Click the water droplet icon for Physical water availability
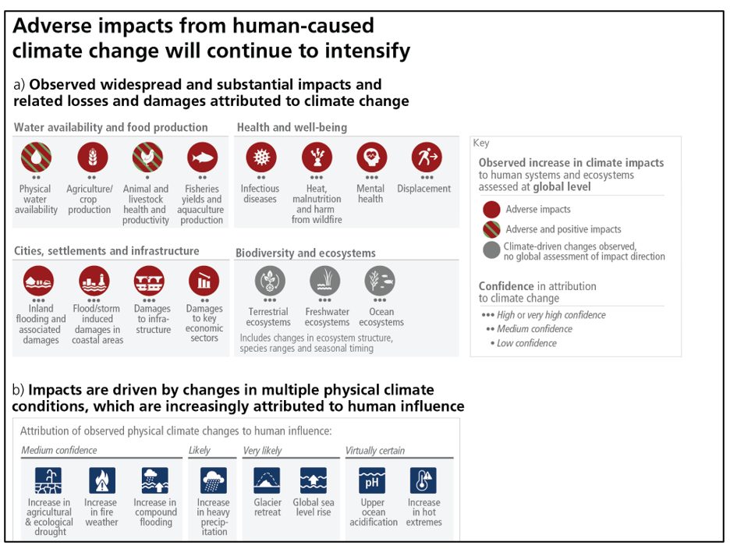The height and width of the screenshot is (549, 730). coord(36,158)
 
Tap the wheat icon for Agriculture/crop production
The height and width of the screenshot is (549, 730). coord(92,158)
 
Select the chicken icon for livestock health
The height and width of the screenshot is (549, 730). coord(147,158)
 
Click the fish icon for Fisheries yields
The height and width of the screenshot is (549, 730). coord(203,158)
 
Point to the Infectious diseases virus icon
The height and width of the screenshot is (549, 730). coord(261,158)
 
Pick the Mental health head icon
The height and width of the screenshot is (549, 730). coord(371,158)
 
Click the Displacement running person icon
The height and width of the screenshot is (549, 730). coord(427,158)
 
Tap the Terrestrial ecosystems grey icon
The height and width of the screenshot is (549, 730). coord(270,281)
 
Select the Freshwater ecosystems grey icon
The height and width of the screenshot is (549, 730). coord(325,281)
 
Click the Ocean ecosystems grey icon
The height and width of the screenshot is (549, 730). coord(380,281)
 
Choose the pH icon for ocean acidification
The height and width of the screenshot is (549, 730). coord(372,480)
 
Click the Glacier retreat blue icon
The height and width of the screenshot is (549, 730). coord(267,480)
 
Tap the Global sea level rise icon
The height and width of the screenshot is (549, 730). coord(314,480)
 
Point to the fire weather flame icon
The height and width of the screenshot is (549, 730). coord(102,480)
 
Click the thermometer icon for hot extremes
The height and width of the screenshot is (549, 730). coord(423,480)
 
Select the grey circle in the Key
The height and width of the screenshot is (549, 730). coord(491,250)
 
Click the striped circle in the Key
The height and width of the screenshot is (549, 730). coord(491,229)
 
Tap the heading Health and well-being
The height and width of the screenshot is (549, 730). coord(292,128)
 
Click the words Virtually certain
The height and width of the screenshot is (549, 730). coord(375,451)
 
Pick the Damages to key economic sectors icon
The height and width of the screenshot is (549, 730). coord(204,281)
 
